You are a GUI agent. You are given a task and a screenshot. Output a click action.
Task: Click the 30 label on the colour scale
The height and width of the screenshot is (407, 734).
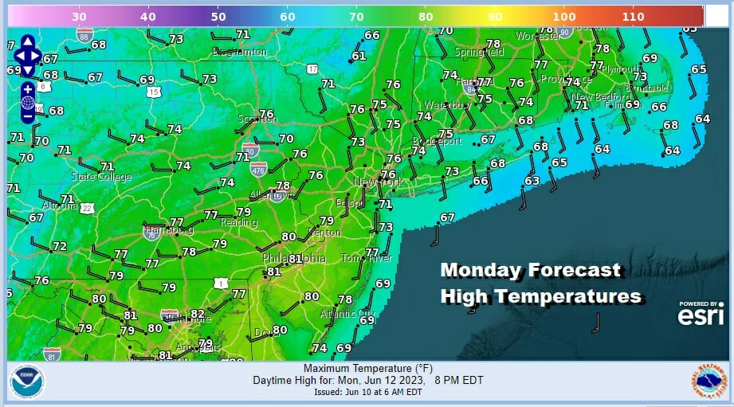[x=79, y=15]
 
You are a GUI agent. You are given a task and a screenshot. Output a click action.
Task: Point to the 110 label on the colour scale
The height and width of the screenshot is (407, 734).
[x=633, y=15]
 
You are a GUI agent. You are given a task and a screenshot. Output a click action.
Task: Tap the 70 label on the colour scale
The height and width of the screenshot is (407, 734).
[x=355, y=15]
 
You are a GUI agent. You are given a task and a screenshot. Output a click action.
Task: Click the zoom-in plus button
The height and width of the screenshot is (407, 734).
[x=28, y=88]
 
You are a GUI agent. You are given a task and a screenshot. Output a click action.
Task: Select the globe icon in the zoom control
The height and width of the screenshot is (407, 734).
[x=28, y=102]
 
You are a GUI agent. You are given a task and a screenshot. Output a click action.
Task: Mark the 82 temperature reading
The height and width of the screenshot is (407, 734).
[x=197, y=315]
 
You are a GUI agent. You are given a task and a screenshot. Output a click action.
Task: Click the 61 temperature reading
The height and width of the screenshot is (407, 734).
[x=359, y=56]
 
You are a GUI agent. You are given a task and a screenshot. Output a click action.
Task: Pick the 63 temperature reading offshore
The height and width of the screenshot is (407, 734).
[x=532, y=181]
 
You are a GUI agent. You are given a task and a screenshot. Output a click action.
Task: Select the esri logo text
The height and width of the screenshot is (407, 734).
[x=701, y=316]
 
